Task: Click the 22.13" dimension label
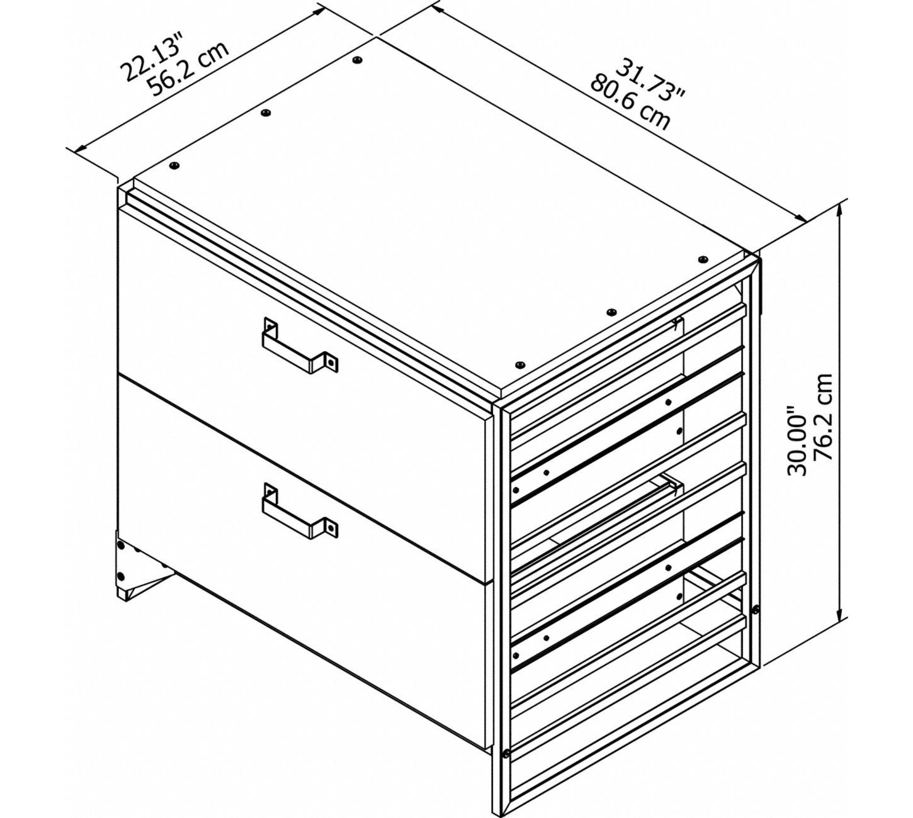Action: point(153,58)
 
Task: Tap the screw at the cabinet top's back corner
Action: point(358,59)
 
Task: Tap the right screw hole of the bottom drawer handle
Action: point(332,527)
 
